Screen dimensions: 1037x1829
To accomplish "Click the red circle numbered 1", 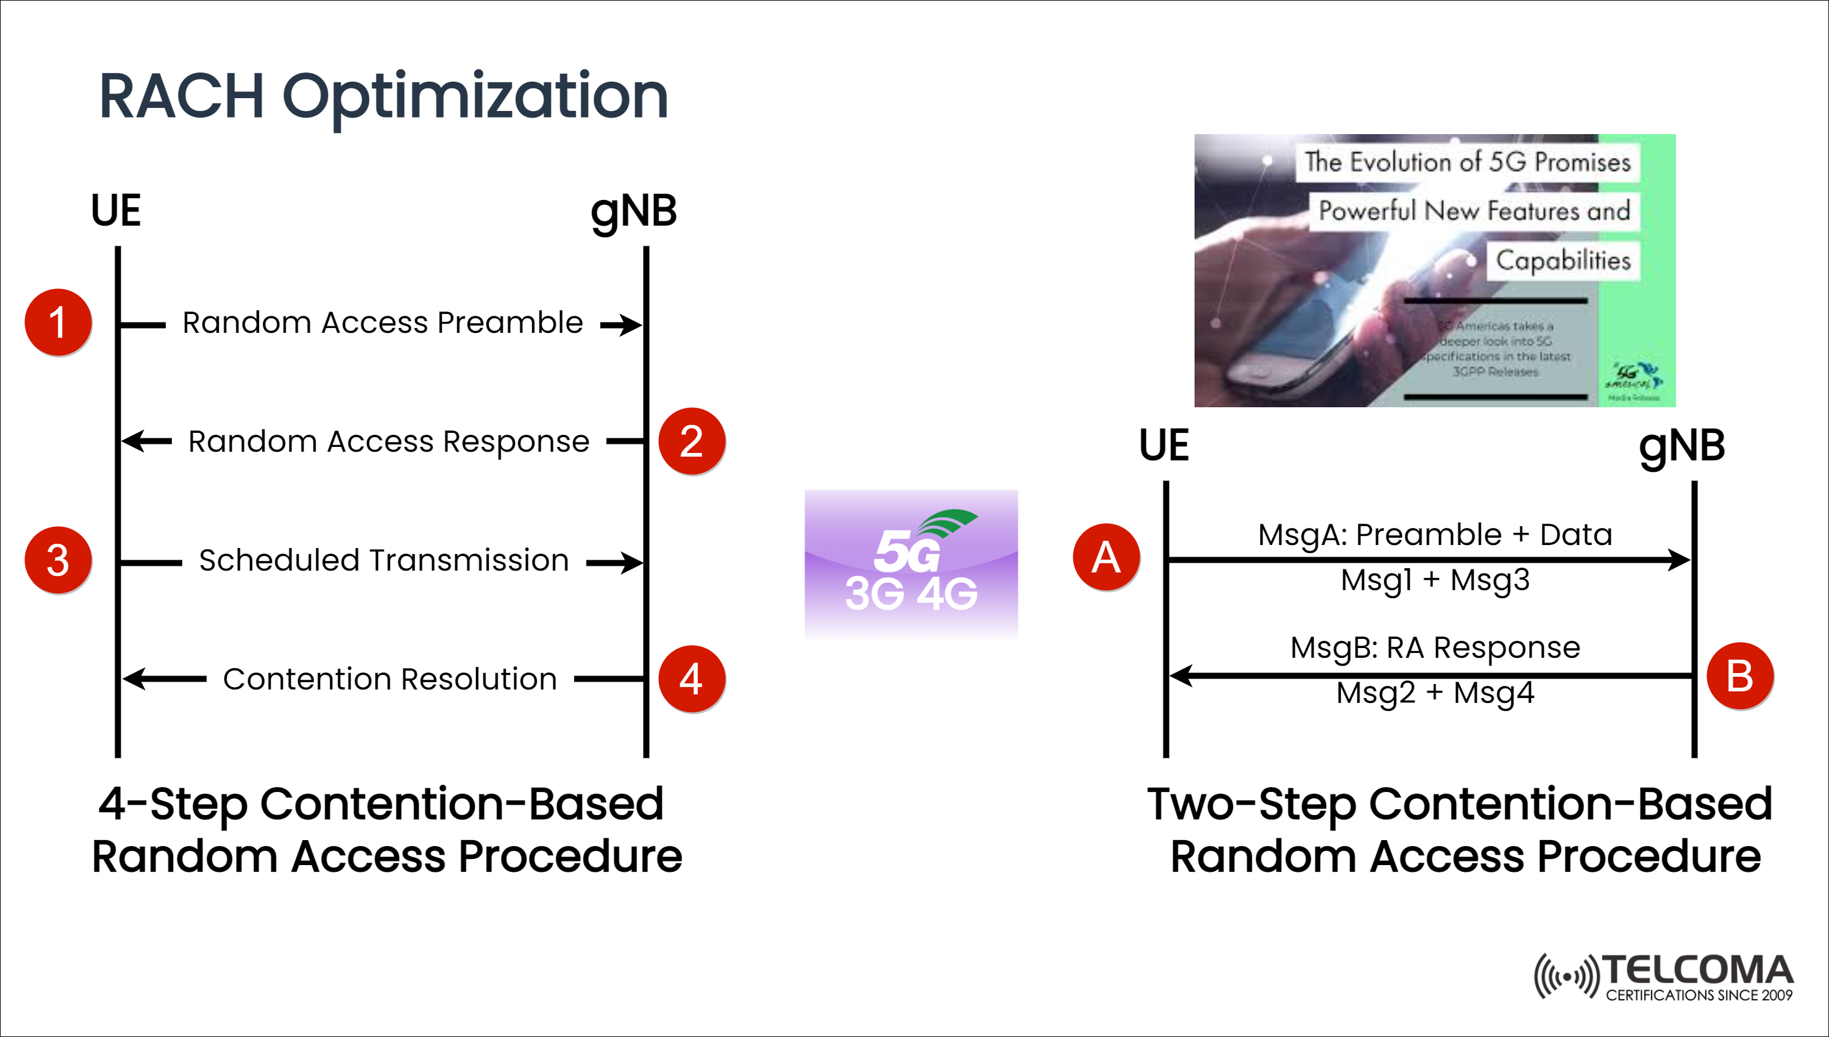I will click(58, 322).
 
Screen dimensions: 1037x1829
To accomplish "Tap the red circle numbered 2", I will click(691, 441).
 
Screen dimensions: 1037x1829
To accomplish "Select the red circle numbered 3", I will click(58, 560).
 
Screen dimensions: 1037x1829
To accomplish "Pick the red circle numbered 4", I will click(691, 679).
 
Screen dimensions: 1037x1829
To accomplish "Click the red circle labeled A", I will click(1106, 557).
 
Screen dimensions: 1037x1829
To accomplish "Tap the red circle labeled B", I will click(1739, 676).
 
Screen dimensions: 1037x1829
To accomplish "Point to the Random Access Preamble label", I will click(382, 323).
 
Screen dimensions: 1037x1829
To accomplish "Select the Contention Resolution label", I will click(389, 679).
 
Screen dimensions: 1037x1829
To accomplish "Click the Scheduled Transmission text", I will click(384, 560).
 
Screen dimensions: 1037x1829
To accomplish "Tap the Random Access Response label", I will click(389, 441).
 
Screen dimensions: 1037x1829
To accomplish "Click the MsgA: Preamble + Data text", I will click(1435, 534).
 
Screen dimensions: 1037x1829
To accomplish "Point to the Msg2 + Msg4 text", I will click(1435, 693).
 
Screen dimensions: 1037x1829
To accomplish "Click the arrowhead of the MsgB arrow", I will click(1179, 675).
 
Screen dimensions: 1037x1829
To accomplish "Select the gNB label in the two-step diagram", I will click(1682, 447).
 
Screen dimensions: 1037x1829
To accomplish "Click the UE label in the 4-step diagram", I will click(116, 211).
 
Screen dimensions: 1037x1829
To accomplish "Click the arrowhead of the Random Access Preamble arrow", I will click(632, 325).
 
